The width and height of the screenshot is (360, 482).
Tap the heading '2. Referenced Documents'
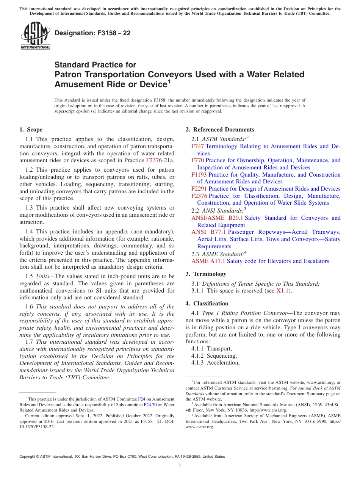click(x=220, y=130)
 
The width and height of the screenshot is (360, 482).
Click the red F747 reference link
click(x=197, y=146)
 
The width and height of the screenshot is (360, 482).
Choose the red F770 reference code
click(x=197, y=160)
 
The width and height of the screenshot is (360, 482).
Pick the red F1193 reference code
click(x=199, y=175)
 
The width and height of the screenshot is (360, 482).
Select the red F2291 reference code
click(x=199, y=189)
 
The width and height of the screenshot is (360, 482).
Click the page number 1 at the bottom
click(x=180, y=466)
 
